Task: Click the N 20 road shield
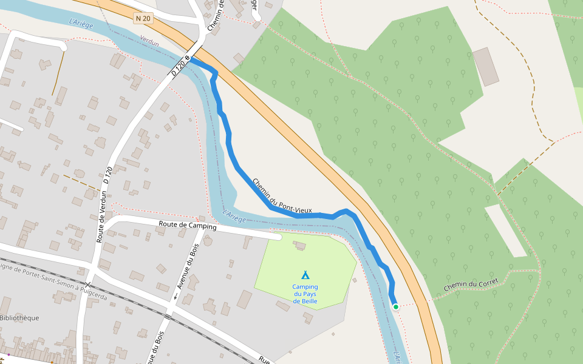pyautogui.click(x=143, y=19)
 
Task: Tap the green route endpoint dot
pyautogui.click(x=396, y=307)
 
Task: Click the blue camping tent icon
pyautogui.click(x=305, y=275)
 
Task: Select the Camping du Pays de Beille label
pyautogui.click(x=305, y=294)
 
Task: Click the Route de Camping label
pyautogui.click(x=188, y=226)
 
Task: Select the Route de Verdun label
pyautogui.click(x=102, y=217)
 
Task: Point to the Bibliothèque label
pyautogui.click(x=19, y=318)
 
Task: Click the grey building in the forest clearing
pyautogui.click(x=486, y=66)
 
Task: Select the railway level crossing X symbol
pyautogui.click(x=88, y=285)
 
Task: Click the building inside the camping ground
pyautogui.click(x=299, y=246)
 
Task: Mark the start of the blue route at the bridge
pyautogui.click(x=191, y=59)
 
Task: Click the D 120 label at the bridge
pyautogui.click(x=179, y=67)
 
